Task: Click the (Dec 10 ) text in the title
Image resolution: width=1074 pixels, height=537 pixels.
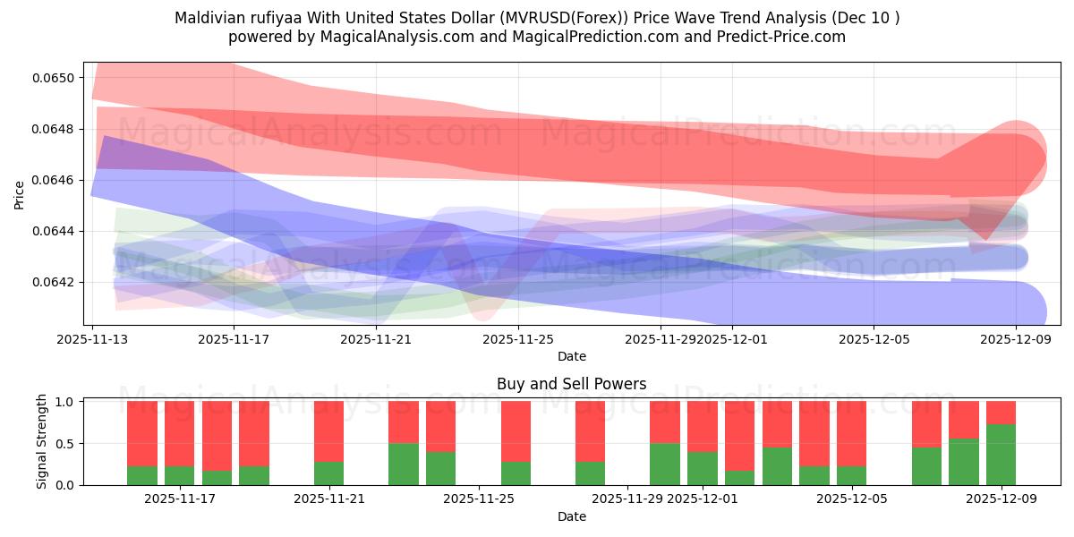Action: tap(866, 18)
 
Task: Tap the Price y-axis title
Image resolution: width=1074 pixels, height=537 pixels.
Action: tap(19, 195)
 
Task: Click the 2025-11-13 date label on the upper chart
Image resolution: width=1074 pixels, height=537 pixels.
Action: tap(93, 339)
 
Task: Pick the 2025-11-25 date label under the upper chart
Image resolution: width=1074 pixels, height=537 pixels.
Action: tap(516, 339)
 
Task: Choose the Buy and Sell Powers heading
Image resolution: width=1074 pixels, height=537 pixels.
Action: tap(571, 384)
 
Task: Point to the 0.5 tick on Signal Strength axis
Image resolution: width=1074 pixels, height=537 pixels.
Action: tap(65, 444)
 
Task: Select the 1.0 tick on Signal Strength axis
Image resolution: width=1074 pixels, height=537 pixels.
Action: tap(65, 402)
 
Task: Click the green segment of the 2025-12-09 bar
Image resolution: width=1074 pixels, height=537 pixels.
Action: tap(1001, 456)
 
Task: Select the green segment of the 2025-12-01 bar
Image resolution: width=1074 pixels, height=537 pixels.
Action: tap(703, 468)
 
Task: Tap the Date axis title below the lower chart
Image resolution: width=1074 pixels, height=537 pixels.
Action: tap(571, 516)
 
